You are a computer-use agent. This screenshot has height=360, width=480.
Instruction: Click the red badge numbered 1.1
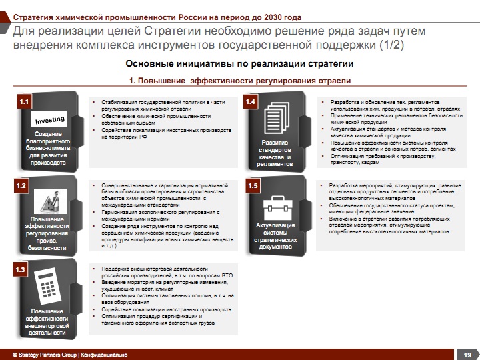(25, 102)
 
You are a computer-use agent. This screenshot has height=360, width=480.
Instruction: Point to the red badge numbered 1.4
(251, 102)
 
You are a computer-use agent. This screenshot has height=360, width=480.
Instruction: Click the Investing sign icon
(50, 120)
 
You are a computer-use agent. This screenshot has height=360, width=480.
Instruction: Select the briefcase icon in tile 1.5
(275, 205)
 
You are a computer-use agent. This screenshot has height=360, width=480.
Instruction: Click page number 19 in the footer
(467, 354)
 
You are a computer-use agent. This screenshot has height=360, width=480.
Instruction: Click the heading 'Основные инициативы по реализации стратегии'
(239, 64)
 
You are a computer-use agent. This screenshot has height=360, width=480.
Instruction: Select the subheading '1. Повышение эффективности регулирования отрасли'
(239, 81)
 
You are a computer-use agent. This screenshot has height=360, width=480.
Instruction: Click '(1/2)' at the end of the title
(388, 45)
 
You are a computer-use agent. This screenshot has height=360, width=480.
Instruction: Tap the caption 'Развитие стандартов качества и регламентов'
(275, 153)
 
